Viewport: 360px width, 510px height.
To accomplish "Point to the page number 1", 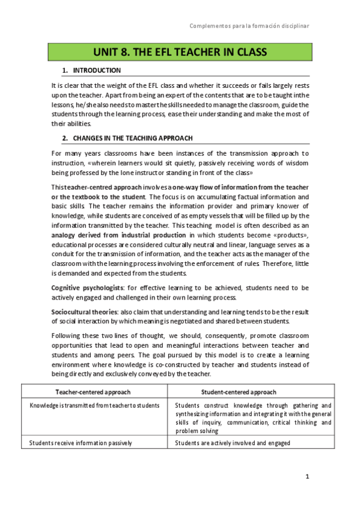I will pos(307,477).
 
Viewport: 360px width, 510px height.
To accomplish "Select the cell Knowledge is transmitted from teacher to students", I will pos(94,405).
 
